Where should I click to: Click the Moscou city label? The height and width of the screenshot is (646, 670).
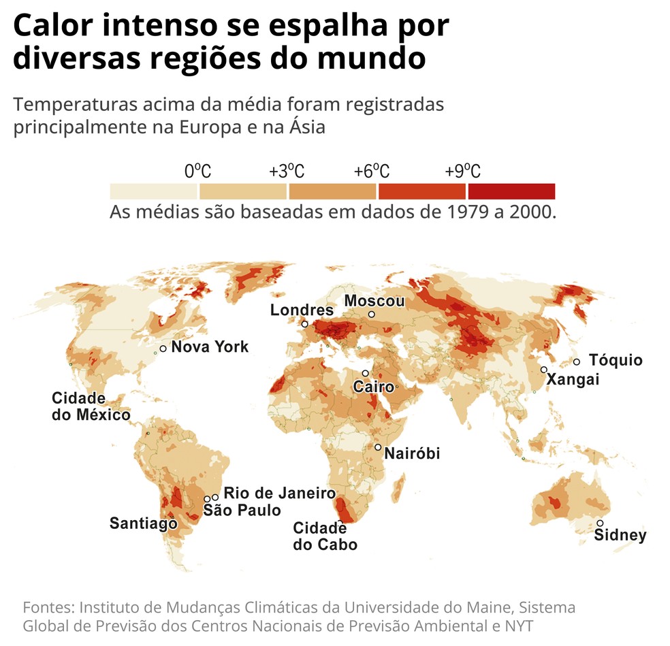[x=374, y=301]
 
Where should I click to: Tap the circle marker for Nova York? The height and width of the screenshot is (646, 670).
[x=163, y=349]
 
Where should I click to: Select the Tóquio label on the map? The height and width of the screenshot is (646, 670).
[x=616, y=360]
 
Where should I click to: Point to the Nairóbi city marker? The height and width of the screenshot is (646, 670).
[x=378, y=447]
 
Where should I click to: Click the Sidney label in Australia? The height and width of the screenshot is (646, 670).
[x=620, y=535]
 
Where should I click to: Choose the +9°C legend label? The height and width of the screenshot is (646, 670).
[x=463, y=171]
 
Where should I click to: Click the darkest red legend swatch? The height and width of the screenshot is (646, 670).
[x=511, y=191]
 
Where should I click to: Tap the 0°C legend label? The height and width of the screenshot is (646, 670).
[x=198, y=171]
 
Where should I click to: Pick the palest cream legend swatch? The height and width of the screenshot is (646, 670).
[x=154, y=191]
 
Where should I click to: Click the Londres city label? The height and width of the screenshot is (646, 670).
[x=302, y=310]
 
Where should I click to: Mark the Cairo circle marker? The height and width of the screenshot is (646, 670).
[x=366, y=374]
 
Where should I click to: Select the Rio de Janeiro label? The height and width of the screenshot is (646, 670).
[x=279, y=493]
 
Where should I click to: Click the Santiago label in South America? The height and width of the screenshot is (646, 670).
[x=143, y=523]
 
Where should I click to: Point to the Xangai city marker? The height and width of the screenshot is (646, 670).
[x=544, y=370]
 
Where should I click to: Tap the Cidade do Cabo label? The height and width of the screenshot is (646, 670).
[x=325, y=536]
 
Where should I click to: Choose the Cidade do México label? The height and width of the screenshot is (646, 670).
[x=91, y=406]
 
